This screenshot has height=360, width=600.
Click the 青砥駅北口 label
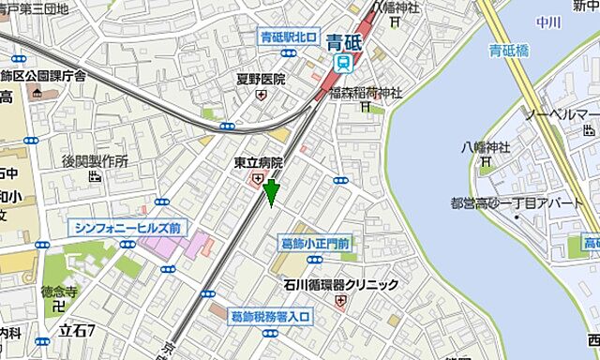tap(289, 38)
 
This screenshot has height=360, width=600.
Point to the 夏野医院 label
tap(261, 80)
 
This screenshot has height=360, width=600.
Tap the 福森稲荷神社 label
tap(367, 92)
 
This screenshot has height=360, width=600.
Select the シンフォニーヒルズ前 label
tap(130, 227)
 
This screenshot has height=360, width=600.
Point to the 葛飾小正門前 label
tap(316, 244)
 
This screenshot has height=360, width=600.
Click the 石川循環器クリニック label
tap(340, 284)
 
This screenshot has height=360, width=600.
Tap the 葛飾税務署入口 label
tap(270, 317)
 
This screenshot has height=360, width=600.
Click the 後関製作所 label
tap(95, 161)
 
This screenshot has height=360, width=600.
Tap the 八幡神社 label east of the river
tap(486, 147)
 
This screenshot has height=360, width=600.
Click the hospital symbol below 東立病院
tap(256, 179)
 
